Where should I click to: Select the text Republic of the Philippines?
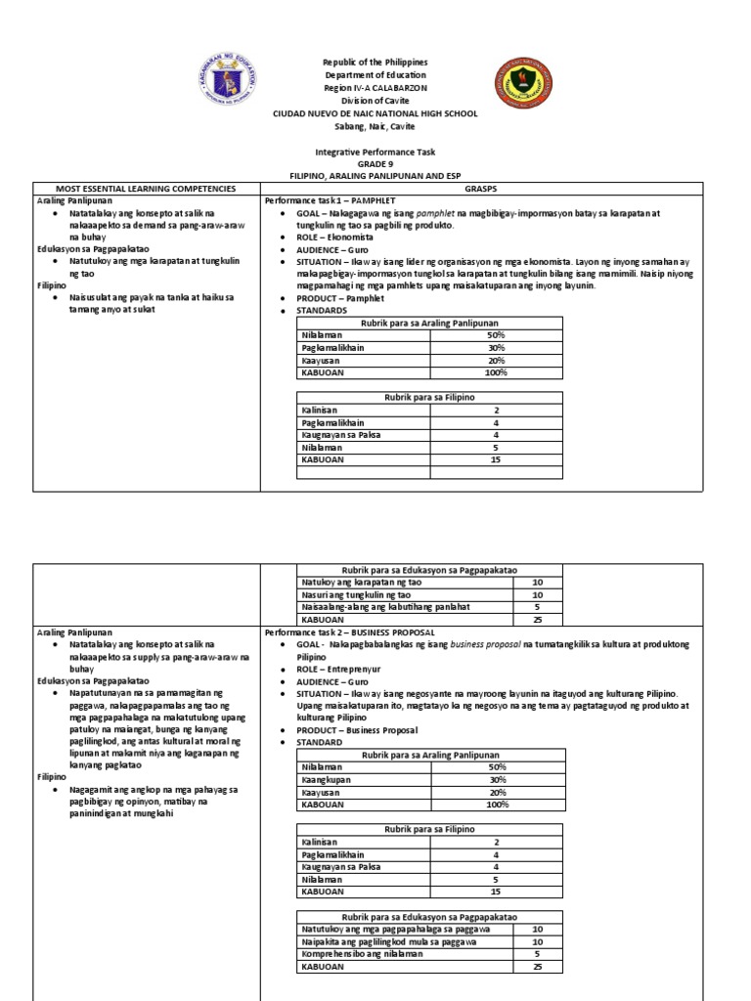pos(375,63)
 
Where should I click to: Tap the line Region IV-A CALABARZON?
pos(375,88)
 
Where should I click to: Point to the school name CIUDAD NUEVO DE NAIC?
pos(375,113)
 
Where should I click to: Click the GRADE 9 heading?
pos(375,164)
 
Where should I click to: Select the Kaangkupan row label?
pos(327,780)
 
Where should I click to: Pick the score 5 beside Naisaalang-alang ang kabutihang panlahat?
pos(537,606)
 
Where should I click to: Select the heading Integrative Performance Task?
pos(375,152)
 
